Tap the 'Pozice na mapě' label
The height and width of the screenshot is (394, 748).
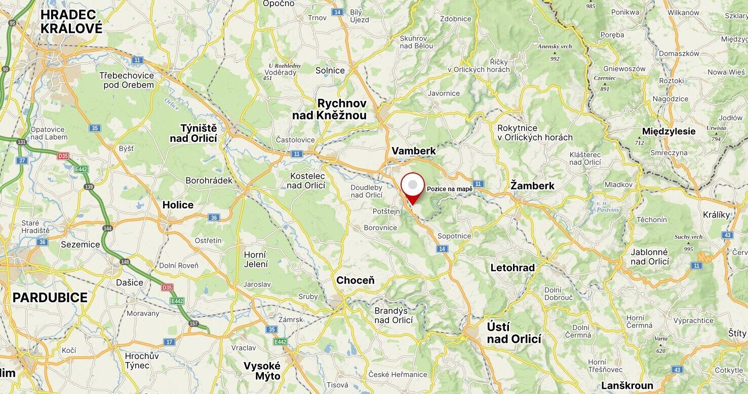point(449,189)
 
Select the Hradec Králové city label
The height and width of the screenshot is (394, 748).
point(71,21)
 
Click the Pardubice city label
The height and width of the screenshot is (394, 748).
point(50,298)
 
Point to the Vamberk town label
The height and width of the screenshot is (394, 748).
point(414,151)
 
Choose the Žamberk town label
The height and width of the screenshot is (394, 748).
point(532,186)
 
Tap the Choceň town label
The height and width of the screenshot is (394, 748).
point(356,280)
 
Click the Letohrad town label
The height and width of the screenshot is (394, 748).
point(513,268)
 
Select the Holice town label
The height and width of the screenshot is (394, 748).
point(178,205)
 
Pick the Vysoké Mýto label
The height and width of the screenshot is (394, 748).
point(262,371)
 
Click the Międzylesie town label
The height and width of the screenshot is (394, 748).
point(668,131)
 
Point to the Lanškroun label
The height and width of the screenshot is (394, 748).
point(627,385)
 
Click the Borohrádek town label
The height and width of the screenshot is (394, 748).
point(209,181)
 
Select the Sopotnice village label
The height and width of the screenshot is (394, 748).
point(454,236)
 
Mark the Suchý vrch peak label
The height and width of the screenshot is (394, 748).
point(688,237)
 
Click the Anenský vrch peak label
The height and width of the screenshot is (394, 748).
point(555,46)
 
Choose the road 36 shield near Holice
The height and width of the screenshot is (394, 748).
point(214,218)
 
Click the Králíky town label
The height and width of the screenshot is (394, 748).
point(717,214)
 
